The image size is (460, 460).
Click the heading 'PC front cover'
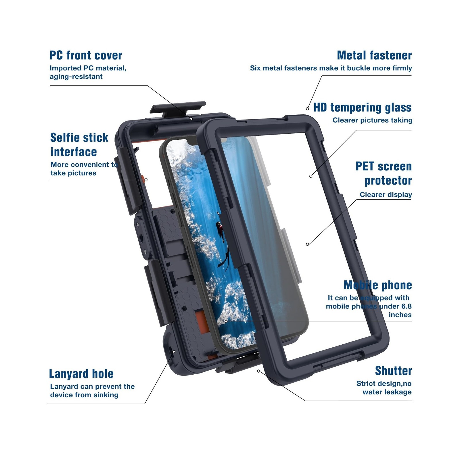click(x=86, y=55)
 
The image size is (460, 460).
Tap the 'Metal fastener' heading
click(x=374, y=55)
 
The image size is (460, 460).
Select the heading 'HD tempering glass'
click(x=362, y=108)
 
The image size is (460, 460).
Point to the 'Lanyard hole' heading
click(x=81, y=374)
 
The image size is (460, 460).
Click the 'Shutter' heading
click(x=393, y=371)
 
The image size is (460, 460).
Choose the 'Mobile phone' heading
click(x=377, y=285)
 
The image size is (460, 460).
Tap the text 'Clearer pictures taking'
click(x=372, y=120)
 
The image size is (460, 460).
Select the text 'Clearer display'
click(x=386, y=195)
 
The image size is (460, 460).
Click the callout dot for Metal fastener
click(x=307, y=109)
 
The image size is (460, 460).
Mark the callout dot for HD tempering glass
click(x=311, y=176)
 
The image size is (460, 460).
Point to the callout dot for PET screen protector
click(x=307, y=244)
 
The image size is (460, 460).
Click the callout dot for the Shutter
click(x=258, y=371)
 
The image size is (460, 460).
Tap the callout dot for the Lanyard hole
click(x=173, y=351)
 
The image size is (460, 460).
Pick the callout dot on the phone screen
click(x=226, y=321)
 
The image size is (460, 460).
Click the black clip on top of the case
click(x=178, y=108)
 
